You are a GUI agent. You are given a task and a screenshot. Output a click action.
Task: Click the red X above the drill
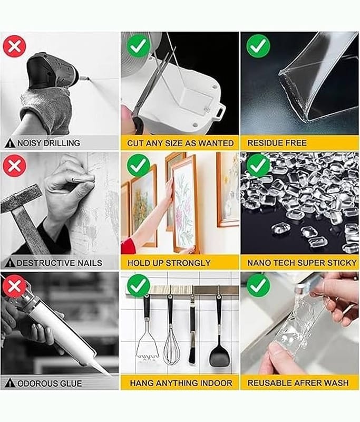click(15, 46)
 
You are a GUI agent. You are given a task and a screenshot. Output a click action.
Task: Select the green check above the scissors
click(139, 46)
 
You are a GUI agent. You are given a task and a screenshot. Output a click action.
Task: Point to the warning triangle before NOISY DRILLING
click(10, 143)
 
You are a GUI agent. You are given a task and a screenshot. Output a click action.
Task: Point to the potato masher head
click(147, 348)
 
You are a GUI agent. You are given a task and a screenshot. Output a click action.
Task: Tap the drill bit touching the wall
click(85, 78)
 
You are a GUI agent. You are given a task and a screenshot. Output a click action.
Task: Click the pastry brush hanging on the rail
click(191, 331)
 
